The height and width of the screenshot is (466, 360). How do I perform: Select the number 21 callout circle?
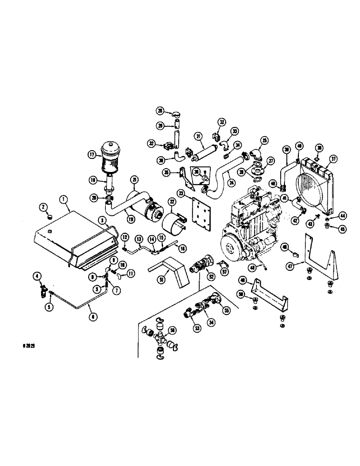[134, 180]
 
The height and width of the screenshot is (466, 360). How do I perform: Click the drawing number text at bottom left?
[29, 347]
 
